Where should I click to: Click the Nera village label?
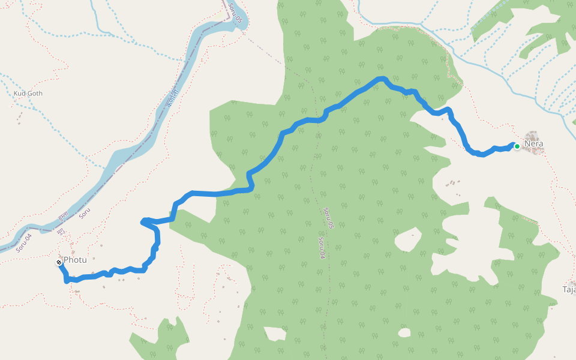click(x=533, y=145)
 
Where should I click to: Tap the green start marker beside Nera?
click(x=517, y=146)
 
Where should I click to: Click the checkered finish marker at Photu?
click(x=59, y=263)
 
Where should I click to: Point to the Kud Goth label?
click(x=28, y=94)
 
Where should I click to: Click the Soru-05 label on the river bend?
click(x=235, y=13)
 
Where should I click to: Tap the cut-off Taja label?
click(x=568, y=289)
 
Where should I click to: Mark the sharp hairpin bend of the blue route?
click(x=144, y=222)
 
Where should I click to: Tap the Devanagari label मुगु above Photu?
click(x=61, y=230)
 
